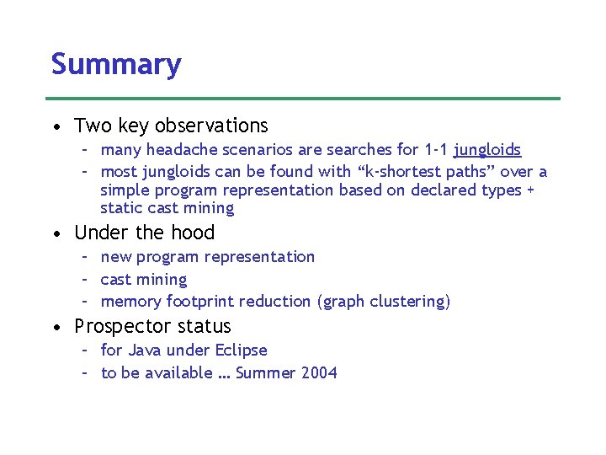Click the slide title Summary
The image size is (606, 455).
tap(116, 65)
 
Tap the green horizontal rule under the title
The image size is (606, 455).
tap(306, 99)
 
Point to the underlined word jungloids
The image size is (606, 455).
tap(487, 150)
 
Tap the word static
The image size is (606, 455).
tap(121, 208)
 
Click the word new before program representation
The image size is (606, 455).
tap(116, 257)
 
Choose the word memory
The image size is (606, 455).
tap(130, 302)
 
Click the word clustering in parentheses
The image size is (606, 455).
tap(410, 302)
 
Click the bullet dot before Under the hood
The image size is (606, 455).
tap(55, 233)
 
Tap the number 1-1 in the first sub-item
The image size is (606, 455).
tap(435, 150)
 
